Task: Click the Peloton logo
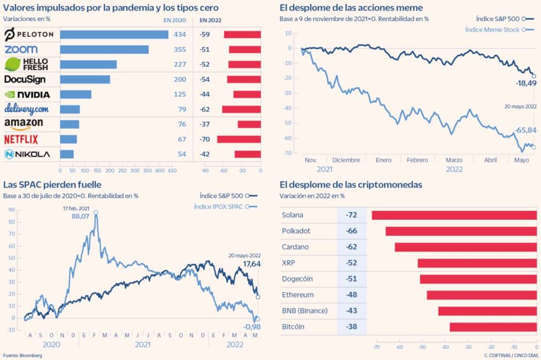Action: coord(29,34)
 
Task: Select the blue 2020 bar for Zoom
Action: coord(104,50)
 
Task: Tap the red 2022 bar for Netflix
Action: coord(239,139)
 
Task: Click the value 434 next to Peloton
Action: coord(180,35)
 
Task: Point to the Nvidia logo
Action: coord(27,95)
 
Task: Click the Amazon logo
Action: coord(23,124)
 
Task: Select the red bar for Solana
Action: coord(454,215)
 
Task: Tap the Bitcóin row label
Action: coord(293,327)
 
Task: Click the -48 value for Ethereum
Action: coord(351,295)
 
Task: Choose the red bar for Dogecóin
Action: coord(478,279)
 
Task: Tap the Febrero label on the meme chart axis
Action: coord(417,160)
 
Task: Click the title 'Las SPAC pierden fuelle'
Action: coord(52,185)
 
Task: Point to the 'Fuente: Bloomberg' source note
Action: coord(23,355)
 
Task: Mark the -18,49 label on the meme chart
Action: coord(525,83)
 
